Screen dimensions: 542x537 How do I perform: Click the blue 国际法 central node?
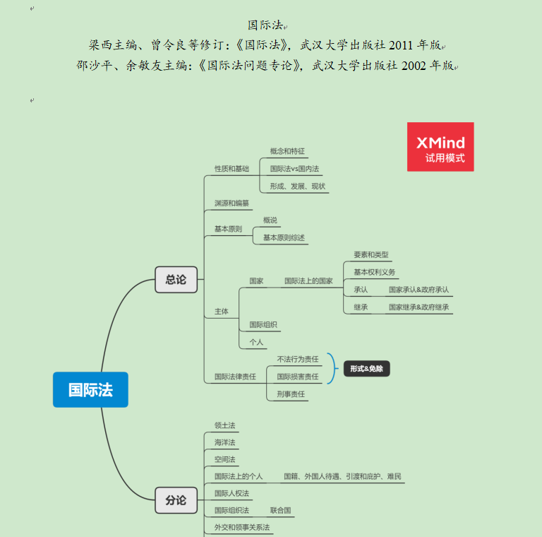coord(90,389)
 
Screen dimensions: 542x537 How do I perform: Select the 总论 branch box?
coord(176,280)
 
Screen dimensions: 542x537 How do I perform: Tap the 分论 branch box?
coord(176,500)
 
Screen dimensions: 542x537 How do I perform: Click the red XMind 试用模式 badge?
coord(440,146)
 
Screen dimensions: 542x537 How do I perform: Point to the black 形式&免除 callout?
coord(367,368)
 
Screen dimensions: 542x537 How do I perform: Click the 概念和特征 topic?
coord(287,151)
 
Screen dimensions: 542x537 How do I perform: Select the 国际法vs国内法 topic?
coord(294,169)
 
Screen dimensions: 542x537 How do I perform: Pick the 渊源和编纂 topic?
coord(231,203)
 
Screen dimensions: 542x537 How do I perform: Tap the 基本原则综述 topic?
coord(284,238)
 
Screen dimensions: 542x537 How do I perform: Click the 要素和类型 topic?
coord(371,255)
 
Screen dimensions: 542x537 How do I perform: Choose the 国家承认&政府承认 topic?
coord(418,290)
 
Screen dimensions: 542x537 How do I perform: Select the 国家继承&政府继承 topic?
coord(418,307)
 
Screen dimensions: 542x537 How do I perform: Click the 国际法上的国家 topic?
coord(308,281)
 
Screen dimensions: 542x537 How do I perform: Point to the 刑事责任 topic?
coord(291,394)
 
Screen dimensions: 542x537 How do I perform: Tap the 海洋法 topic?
coord(224,442)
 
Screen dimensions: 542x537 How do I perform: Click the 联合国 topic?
coord(280,510)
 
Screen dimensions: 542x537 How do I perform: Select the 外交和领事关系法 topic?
coord(242,527)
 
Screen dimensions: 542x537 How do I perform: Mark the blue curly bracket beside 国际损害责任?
coord(331,368)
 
